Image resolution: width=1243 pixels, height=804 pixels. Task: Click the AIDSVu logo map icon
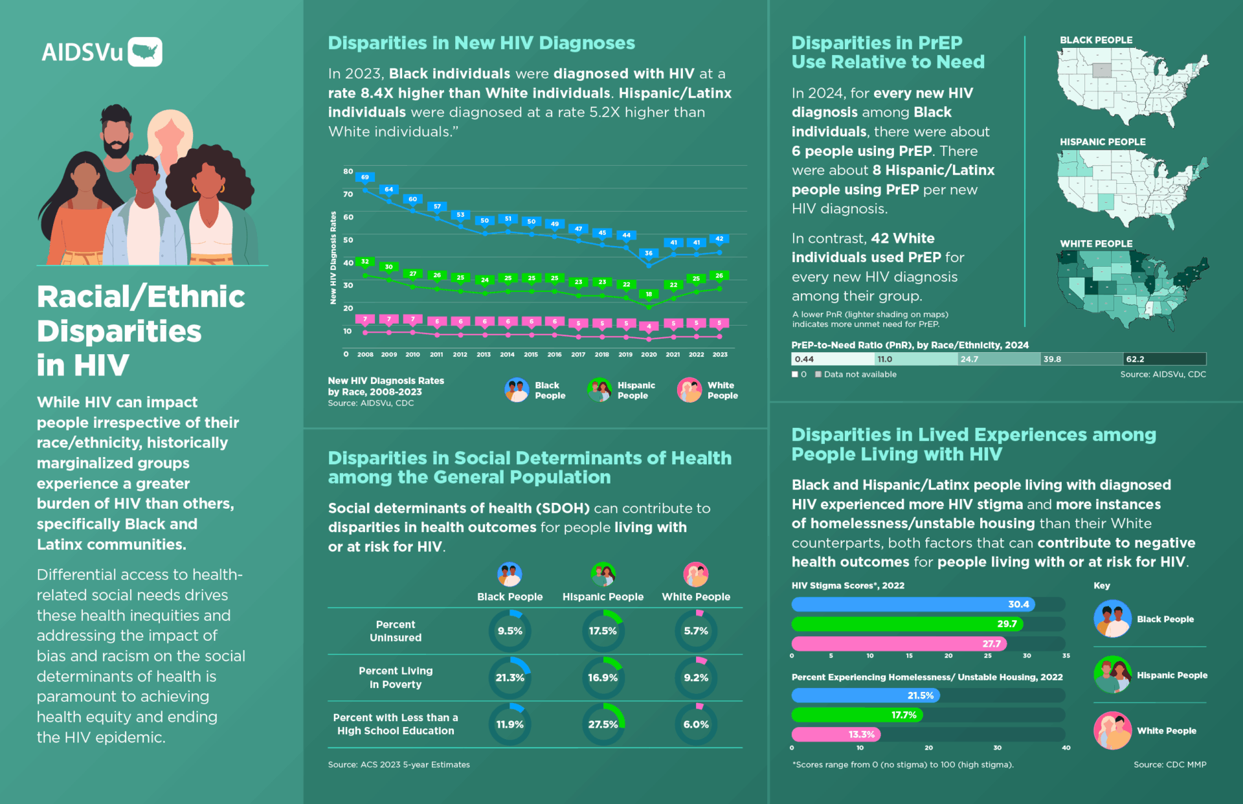145,52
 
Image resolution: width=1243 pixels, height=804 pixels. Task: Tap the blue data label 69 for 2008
365,177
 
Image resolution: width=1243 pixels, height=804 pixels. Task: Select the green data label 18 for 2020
649,294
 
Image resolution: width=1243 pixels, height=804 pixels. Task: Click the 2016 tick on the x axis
554,355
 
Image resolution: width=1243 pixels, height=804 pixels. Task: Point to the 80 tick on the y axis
348,172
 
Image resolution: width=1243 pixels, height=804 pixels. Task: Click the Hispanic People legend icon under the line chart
599,390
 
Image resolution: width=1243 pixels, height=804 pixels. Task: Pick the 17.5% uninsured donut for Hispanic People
603,631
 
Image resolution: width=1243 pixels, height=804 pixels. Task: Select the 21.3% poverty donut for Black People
510,678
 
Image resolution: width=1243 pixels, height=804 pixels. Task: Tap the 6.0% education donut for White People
696,724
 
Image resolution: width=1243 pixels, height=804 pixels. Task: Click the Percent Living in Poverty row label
396,678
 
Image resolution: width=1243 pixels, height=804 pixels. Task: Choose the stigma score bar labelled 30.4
913,604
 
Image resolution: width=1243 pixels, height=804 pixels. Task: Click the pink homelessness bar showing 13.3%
836,734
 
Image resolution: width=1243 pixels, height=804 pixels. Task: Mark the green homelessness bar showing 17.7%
857,715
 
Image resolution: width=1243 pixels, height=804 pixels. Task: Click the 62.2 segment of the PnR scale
1164,359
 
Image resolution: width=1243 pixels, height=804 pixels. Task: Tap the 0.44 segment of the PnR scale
833,359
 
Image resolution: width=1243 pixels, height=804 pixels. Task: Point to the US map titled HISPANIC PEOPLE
1132,188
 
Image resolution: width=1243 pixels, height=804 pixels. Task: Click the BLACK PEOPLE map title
1096,40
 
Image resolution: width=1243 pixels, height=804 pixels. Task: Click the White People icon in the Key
1112,730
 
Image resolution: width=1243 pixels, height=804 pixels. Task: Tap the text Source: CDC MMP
1170,765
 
